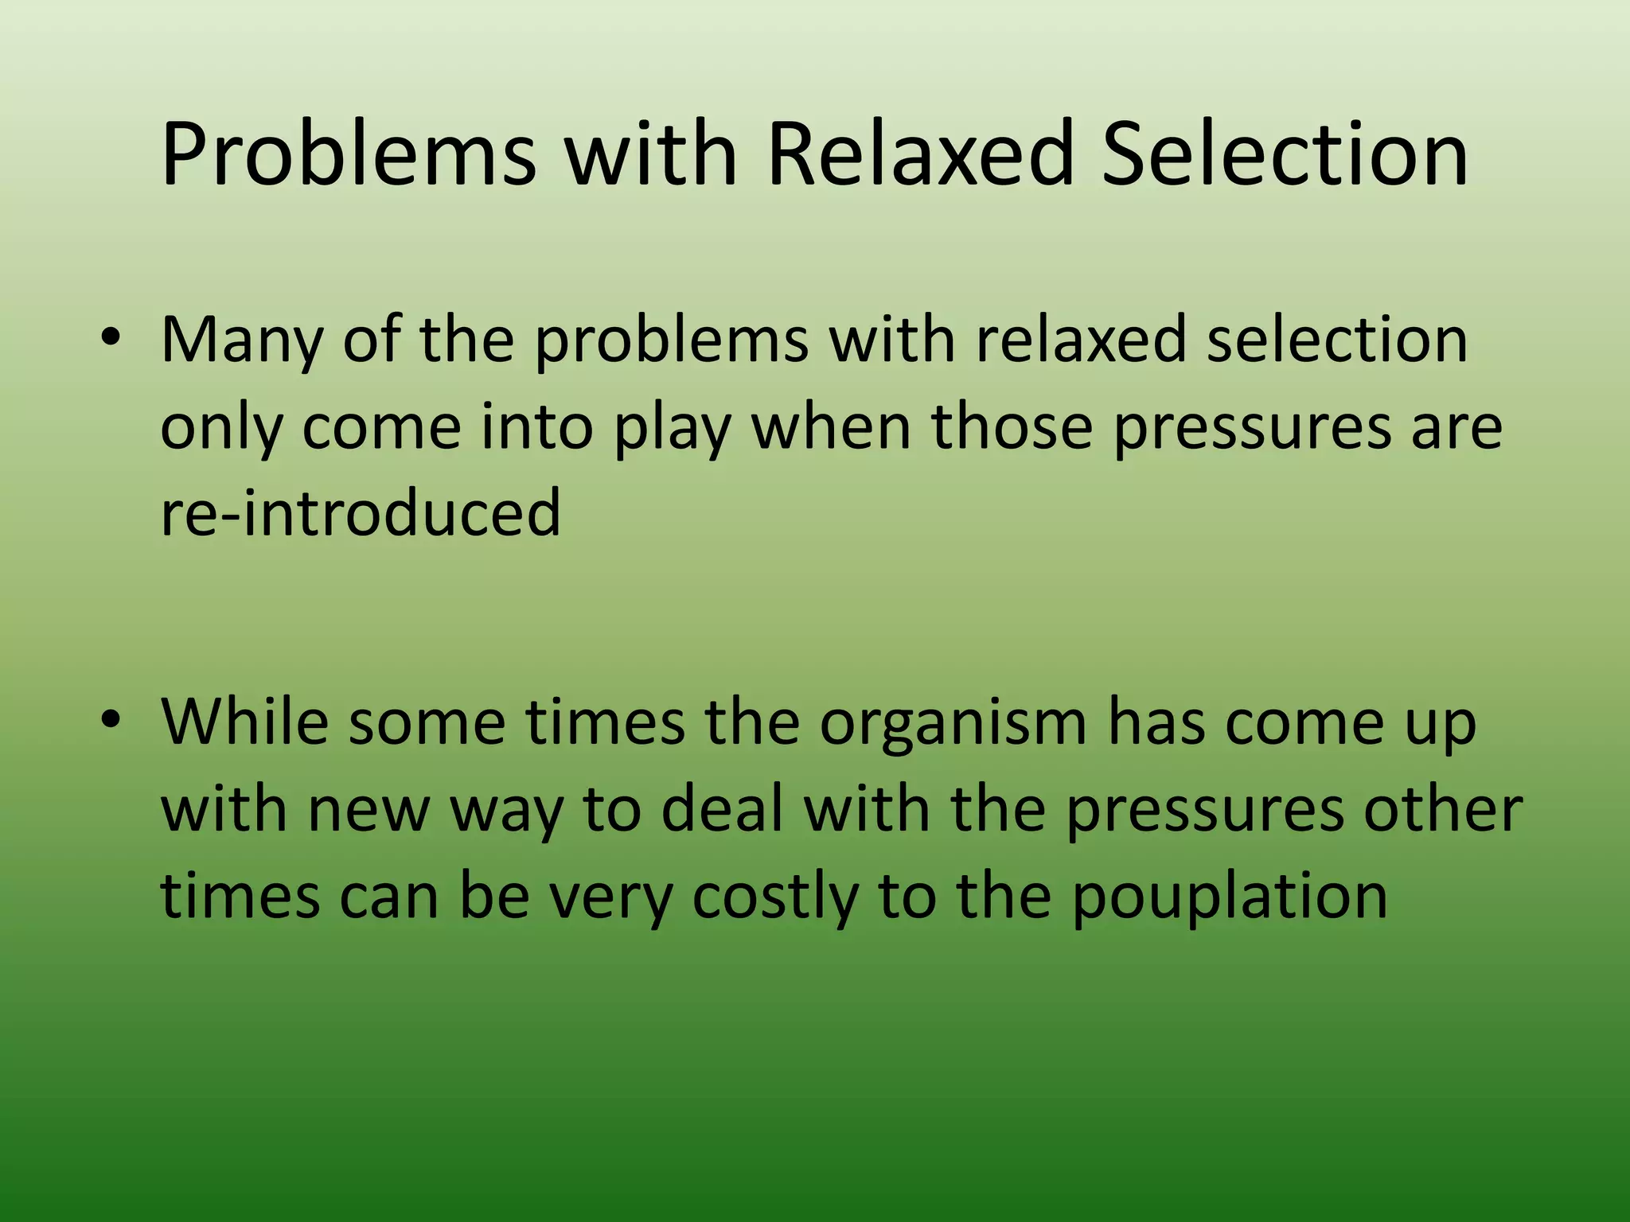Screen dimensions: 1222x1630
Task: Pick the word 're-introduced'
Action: pyautogui.click(x=361, y=512)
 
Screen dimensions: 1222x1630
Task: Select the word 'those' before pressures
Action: pyautogui.click(x=1012, y=426)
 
